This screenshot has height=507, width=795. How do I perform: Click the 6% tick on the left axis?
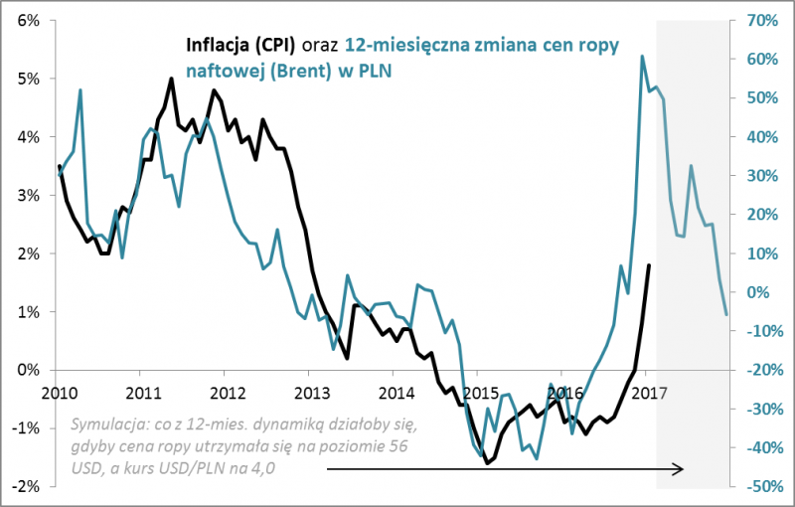point(27,20)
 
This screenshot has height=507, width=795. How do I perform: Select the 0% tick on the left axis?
point(27,370)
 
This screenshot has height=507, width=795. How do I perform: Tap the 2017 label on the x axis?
point(646,390)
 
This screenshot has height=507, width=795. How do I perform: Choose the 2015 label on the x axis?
point(478,390)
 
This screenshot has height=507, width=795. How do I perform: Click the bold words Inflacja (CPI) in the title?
point(239,45)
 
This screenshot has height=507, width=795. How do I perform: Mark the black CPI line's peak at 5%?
point(172,79)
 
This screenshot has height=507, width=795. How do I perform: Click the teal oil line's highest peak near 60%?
point(642,56)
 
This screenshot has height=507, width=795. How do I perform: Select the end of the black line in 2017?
point(649,265)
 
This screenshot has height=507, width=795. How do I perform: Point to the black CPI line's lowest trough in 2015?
point(487,463)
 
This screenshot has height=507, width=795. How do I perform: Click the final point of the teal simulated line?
point(726,315)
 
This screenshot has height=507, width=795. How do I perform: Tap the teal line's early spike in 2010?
point(80,90)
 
